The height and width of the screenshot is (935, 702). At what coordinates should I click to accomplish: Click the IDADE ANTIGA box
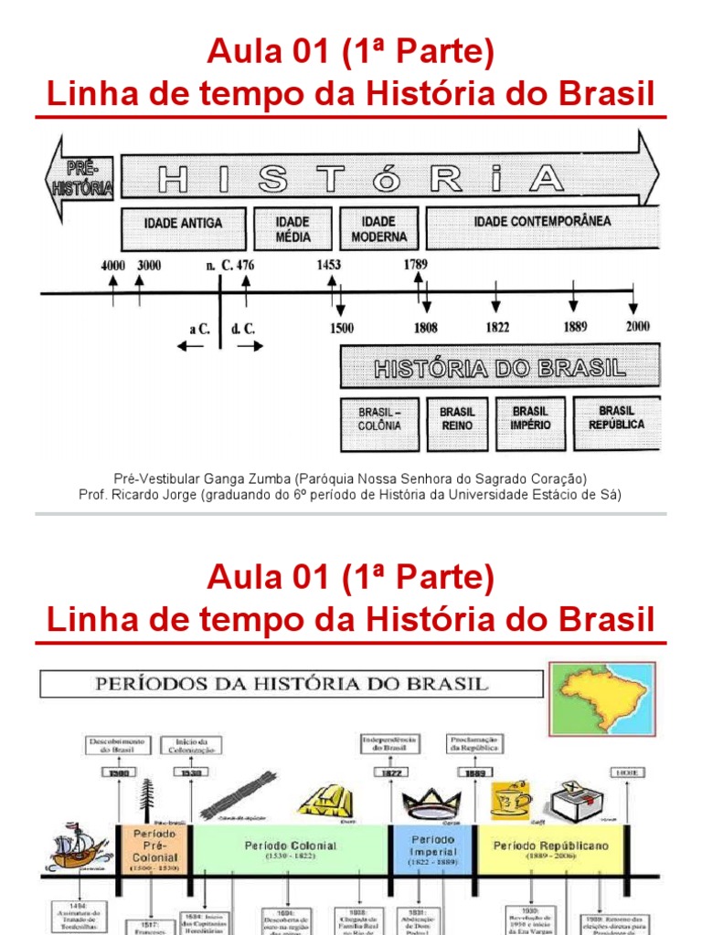(x=183, y=224)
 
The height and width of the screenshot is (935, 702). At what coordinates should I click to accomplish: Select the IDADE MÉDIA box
(x=292, y=228)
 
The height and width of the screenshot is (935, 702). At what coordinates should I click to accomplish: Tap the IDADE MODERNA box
(x=378, y=228)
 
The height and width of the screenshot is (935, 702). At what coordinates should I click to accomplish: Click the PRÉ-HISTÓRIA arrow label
(x=81, y=179)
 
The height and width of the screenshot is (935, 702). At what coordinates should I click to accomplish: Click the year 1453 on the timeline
(x=329, y=266)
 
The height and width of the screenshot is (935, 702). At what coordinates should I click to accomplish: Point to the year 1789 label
(x=416, y=266)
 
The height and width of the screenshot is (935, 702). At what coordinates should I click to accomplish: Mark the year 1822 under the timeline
(x=497, y=328)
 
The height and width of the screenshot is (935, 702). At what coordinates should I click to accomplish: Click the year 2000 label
(x=638, y=328)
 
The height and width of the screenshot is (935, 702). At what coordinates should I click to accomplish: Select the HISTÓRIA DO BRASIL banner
(x=500, y=368)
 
